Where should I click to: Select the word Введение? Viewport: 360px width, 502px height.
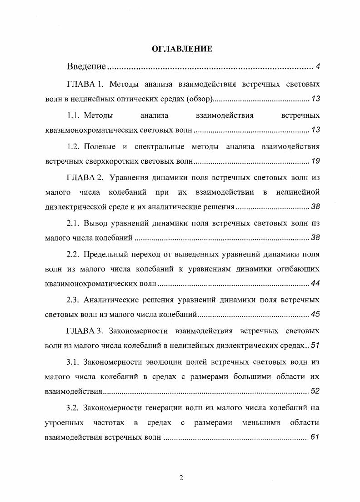click(x=86, y=67)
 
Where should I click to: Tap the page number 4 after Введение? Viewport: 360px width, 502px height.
click(x=318, y=67)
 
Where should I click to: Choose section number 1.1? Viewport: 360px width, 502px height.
click(x=73, y=115)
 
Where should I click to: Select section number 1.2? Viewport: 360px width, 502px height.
click(x=73, y=146)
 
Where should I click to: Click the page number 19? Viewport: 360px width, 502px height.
click(x=315, y=161)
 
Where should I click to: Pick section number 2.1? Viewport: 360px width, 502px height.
click(x=73, y=223)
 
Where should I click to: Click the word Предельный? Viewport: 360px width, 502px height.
click(x=106, y=254)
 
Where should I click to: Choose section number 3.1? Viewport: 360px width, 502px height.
click(x=73, y=362)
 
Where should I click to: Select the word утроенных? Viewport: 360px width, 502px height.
click(x=64, y=423)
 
